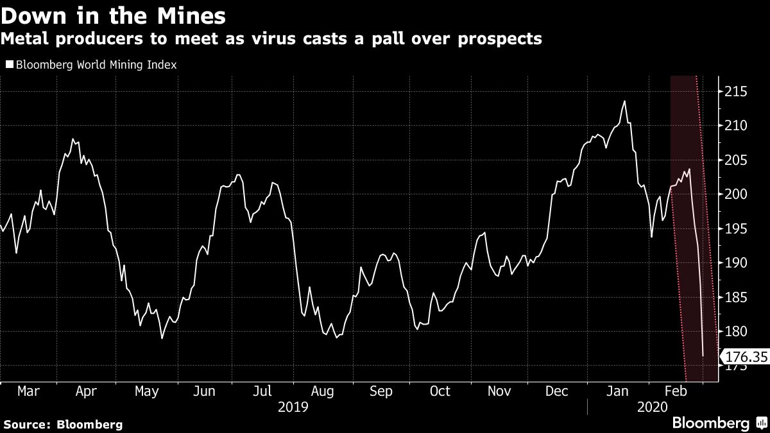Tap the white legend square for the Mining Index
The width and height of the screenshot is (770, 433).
point(9,65)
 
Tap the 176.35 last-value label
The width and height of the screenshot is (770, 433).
point(746,355)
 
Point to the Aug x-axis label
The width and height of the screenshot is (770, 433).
point(321,391)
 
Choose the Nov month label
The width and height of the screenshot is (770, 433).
point(499,391)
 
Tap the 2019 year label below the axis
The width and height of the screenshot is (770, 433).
point(293,407)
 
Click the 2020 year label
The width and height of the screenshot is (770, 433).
point(653,407)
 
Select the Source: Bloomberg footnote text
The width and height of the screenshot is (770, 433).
point(63,424)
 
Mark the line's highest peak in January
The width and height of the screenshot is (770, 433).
point(624,101)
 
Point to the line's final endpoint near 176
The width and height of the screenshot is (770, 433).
point(703,355)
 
